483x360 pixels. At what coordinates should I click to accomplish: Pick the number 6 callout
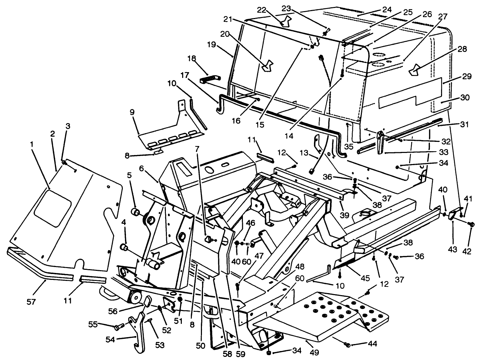(x=142, y=168)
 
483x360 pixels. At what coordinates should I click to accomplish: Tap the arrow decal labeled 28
(x=415, y=71)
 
